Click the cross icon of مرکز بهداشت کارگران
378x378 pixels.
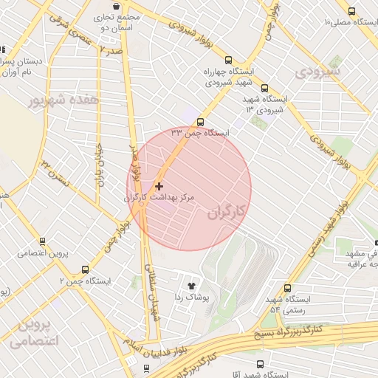click(x=159, y=185)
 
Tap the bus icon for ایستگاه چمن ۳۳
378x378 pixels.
click(x=201, y=123)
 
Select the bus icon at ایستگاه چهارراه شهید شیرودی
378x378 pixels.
click(x=227, y=61)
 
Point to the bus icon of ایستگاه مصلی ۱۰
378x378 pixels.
click(x=351, y=11)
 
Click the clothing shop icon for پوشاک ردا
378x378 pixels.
click(x=192, y=283)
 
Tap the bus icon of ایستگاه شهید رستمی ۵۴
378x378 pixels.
click(x=287, y=288)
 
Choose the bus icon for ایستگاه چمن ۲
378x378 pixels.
click(x=85, y=269)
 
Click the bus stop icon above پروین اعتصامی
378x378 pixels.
click(x=43, y=241)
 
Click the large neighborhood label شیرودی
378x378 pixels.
click(x=316, y=72)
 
